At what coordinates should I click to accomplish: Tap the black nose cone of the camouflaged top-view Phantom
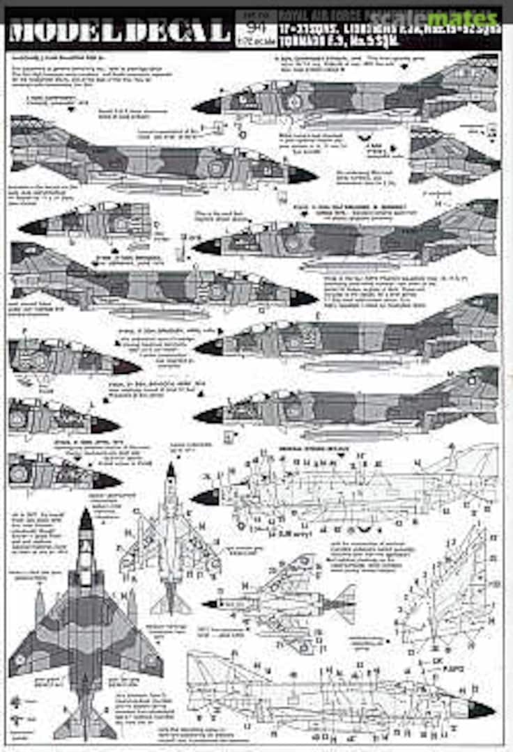(x=85, y=519)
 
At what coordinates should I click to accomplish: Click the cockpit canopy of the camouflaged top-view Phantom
(x=85, y=557)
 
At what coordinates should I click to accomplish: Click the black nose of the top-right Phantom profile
(x=206, y=106)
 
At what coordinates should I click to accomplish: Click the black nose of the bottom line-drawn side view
(x=481, y=710)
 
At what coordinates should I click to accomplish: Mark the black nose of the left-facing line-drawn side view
(x=206, y=497)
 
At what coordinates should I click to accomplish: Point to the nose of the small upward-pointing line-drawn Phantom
(x=170, y=471)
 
